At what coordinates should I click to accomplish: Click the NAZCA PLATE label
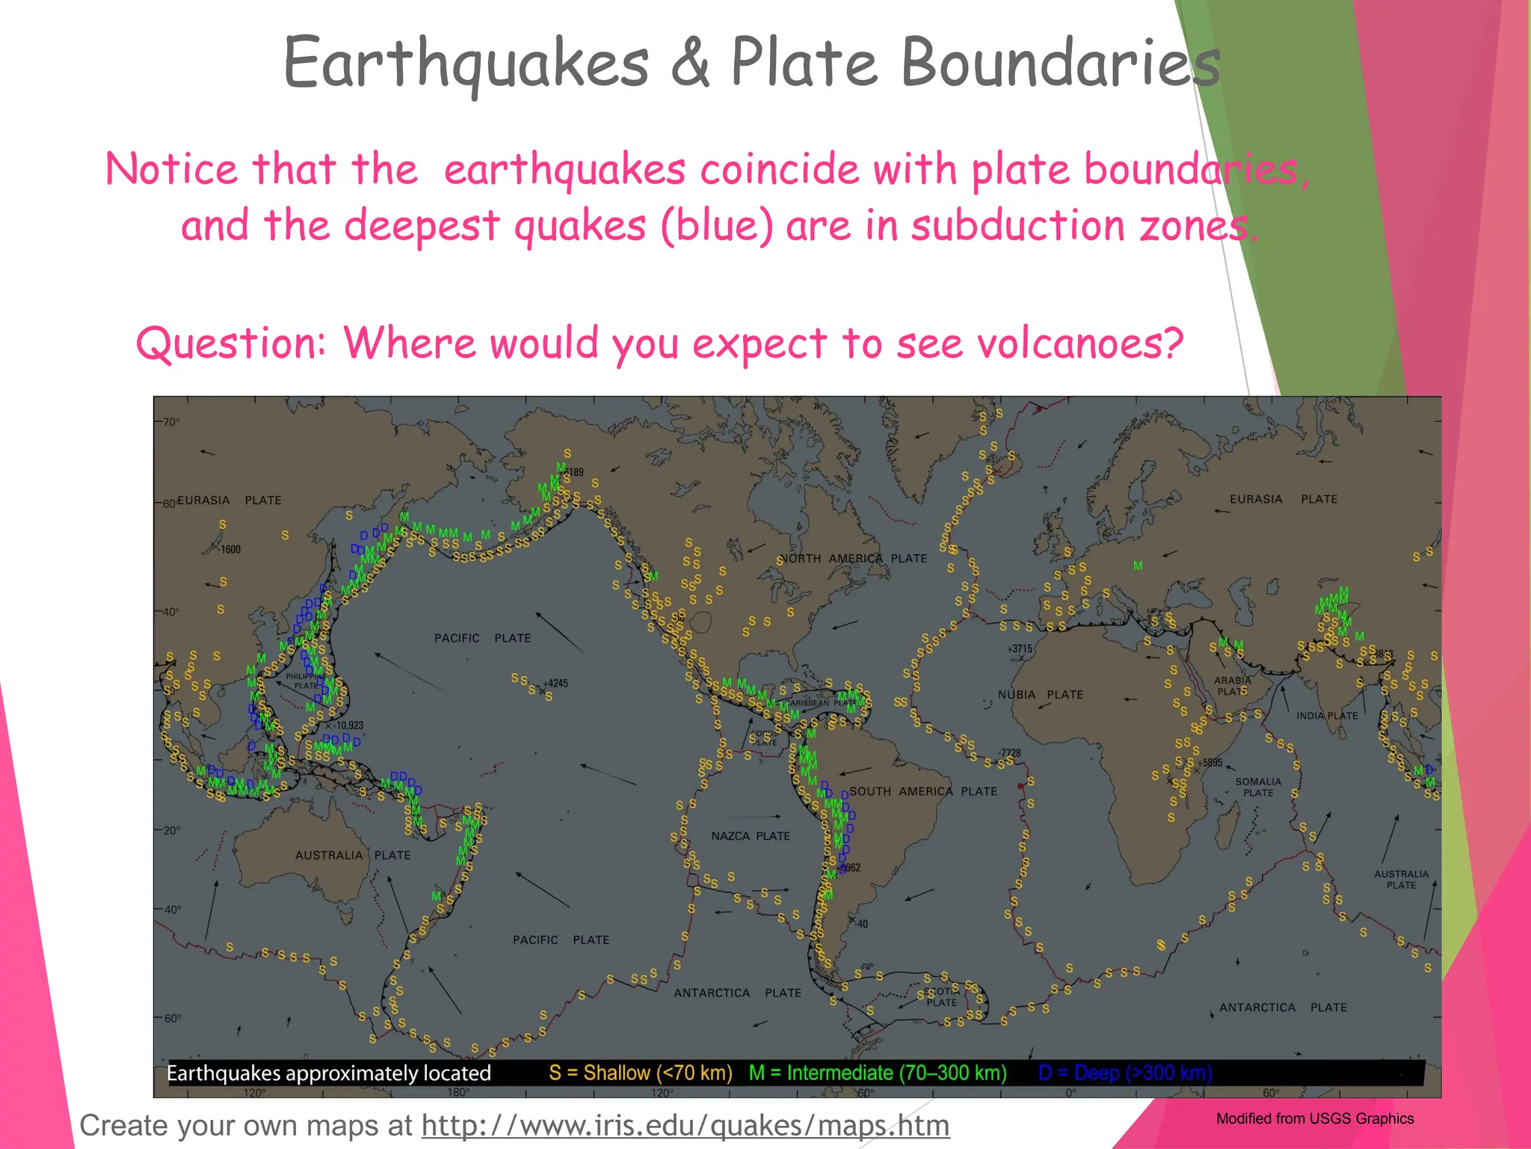click(x=750, y=836)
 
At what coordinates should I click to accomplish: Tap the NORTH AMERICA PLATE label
click(x=853, y=559)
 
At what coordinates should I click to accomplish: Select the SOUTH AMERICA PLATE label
click(x=923, y=791)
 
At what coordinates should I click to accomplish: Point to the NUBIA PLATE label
click(x=1040, y=695)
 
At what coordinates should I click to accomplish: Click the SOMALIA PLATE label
click(x=1258, y=787)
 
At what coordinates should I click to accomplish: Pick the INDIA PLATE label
click(x=1327, y=716)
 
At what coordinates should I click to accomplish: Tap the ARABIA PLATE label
click(x=1232, y=686)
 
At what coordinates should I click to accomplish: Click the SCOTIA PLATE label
click(x=942, y=997)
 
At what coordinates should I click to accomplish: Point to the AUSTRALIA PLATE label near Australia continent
click(x=353, y=855)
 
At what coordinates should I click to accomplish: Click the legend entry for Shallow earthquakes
click(x=641, y=1073)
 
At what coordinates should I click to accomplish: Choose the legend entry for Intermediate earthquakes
click(x=878, y=1073)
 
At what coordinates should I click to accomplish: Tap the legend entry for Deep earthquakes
click(x=1125, y=1073)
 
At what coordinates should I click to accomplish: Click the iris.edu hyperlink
click(x=686, y=1126)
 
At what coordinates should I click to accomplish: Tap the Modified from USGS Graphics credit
click(x=1315, y=1119)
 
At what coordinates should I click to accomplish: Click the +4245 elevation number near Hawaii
click(x=555, y=684)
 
